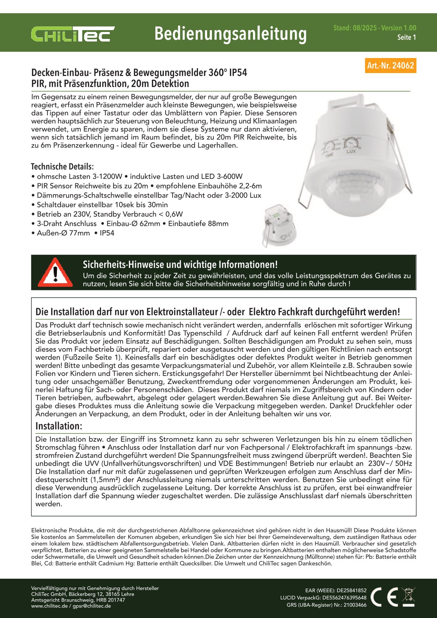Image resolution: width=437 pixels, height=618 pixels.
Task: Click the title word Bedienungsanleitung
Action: point(230,34)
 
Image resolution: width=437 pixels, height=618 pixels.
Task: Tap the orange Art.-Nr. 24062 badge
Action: point(391,66)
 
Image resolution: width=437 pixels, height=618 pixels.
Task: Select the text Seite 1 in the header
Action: point(407,37)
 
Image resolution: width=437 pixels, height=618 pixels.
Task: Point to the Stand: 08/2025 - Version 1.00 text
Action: point(375,28)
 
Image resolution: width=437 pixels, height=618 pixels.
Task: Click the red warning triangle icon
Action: point(55,272)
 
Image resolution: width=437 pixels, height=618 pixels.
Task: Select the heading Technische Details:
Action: point(62,166)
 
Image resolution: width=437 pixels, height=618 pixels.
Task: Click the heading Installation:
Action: point(59,426)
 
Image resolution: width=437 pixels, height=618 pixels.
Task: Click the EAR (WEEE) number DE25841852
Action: point(351,590)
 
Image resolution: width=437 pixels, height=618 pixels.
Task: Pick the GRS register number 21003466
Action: point(355,605)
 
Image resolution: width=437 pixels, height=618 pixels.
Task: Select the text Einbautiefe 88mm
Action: point(198,224)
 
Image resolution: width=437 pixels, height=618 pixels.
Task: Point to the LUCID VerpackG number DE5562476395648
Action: point(343,597)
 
